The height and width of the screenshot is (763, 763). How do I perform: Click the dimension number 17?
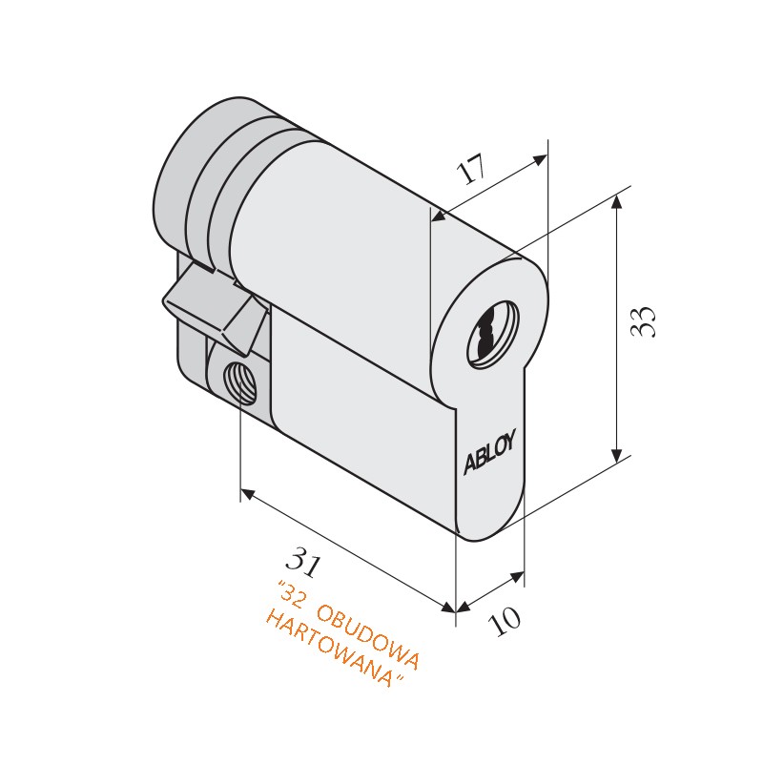tap(470, 170)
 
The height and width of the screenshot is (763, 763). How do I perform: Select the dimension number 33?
tap(645, 321)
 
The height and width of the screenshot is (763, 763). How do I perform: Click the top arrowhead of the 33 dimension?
tap(618, 202)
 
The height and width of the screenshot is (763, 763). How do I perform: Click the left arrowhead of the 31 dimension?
tap(247, 494)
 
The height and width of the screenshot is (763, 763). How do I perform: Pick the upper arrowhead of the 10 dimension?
tap(517, 576)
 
